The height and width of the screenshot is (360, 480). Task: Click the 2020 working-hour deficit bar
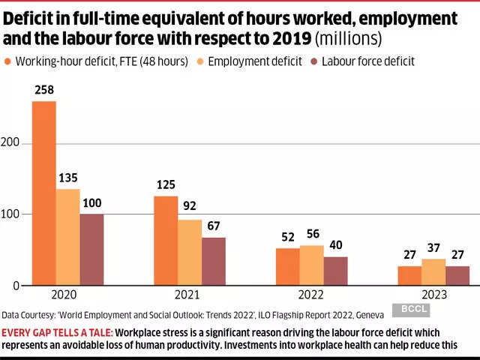[x=43, y=193]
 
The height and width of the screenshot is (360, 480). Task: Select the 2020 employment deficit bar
[x=67, y=237]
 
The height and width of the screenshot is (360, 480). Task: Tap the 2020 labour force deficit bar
[x=91, y=250]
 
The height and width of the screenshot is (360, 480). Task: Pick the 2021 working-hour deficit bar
[x=166, y=241]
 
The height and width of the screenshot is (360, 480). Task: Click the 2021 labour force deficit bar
[x=213, y=262]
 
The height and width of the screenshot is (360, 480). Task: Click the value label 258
[x=43, y=91]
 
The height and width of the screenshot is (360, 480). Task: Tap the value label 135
[x=68, y=178]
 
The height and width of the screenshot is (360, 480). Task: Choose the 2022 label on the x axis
[x=311, y=295]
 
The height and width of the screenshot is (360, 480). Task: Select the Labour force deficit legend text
[x=367, y=62]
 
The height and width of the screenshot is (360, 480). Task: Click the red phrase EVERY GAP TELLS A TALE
[x=56, y=331]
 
